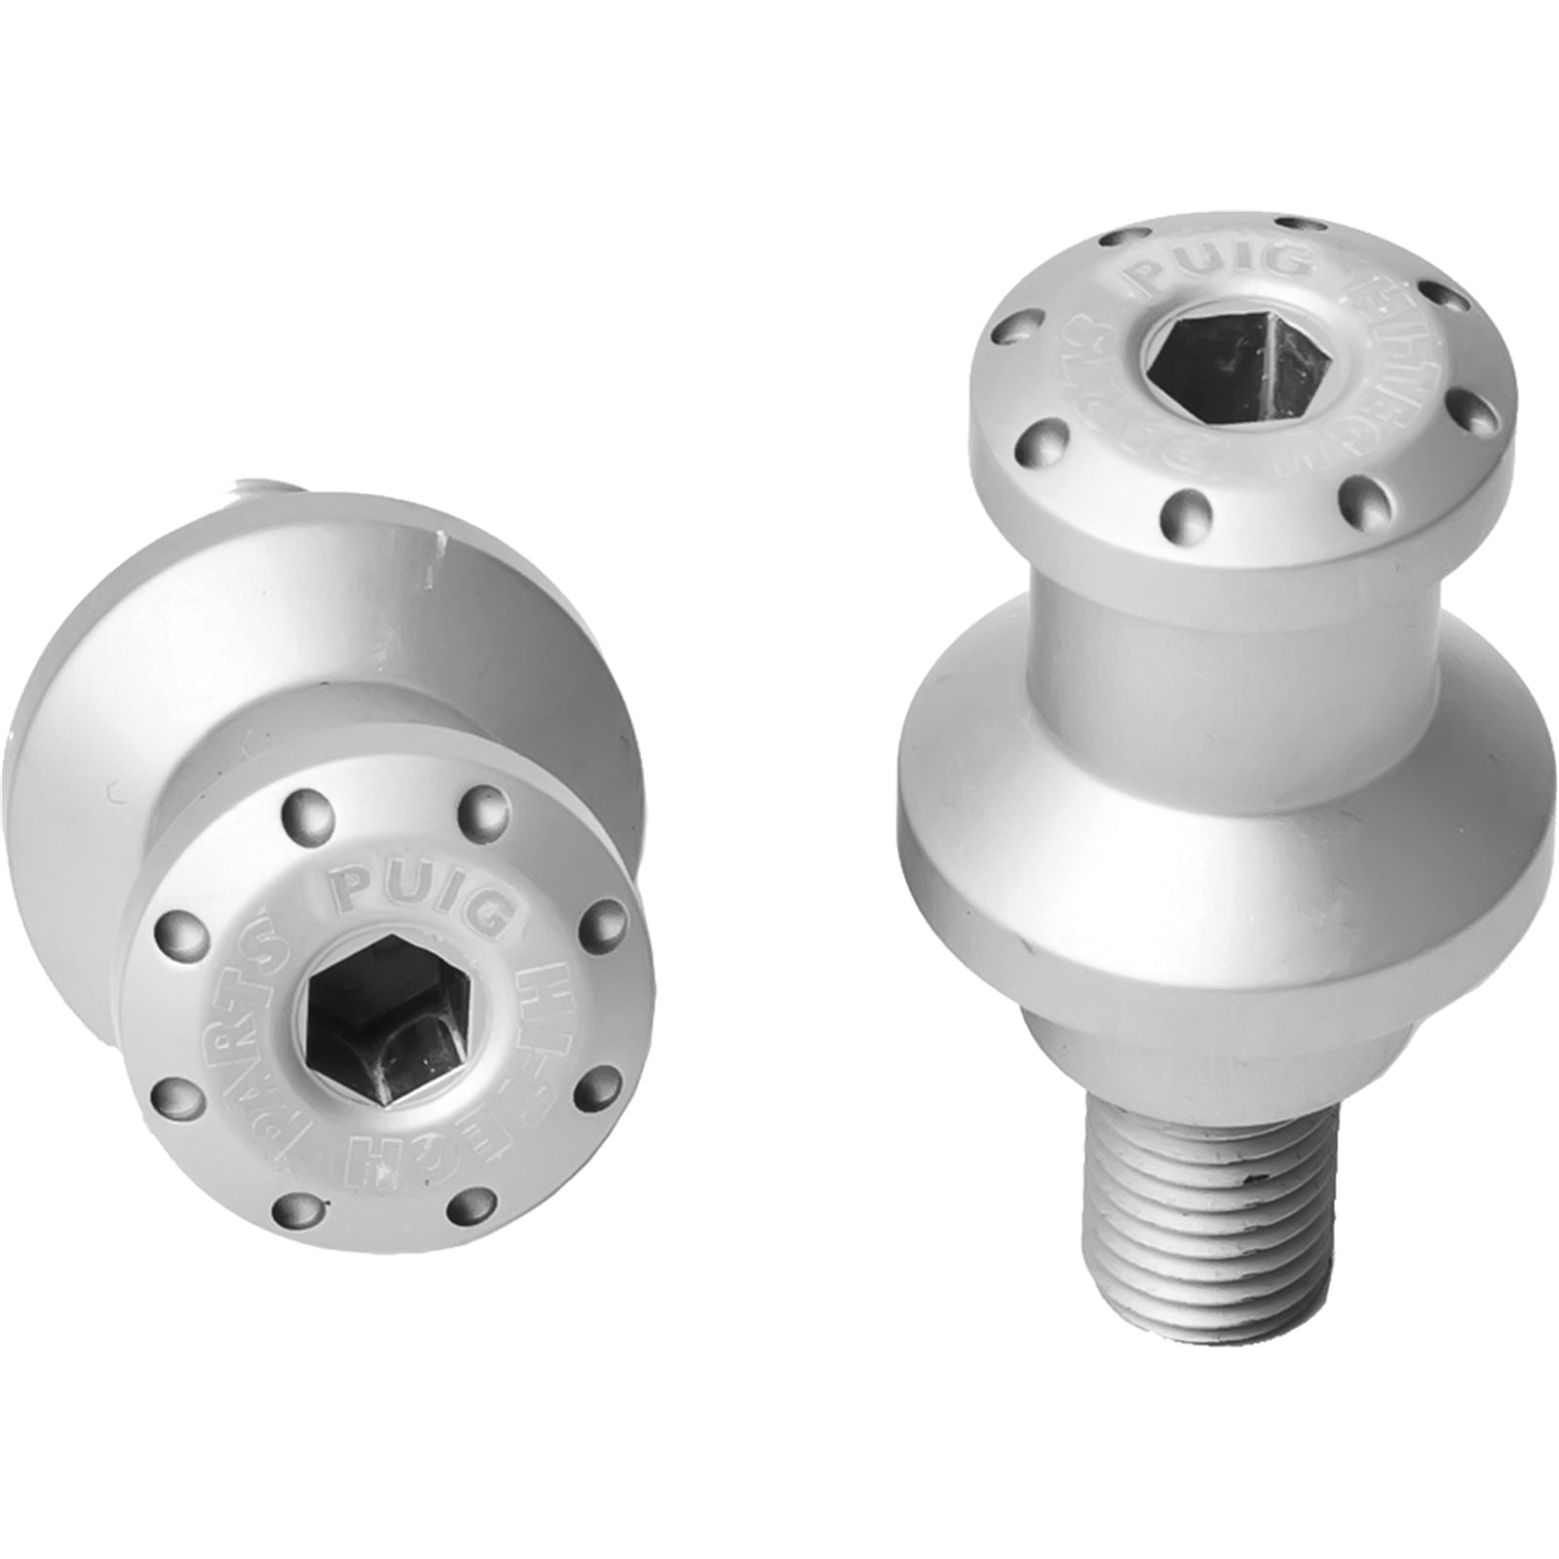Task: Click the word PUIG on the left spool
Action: click(421, 895)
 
